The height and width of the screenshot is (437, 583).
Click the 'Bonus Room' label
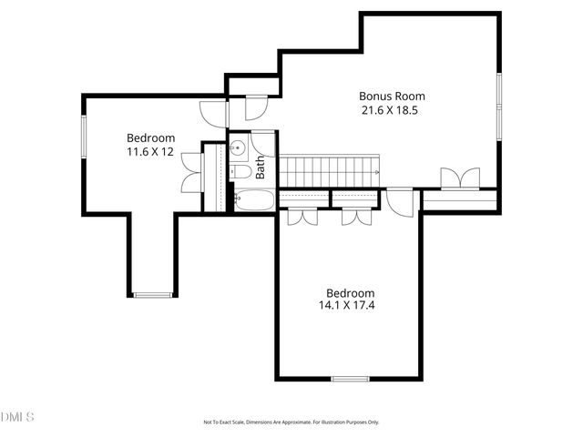point(392,96)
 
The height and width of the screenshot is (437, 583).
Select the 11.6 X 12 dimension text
point(150,152)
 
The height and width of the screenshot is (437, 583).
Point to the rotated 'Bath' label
point(261,167)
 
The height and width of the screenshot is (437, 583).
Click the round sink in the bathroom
point(239,148)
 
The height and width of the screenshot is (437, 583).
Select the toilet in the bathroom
point(239,171)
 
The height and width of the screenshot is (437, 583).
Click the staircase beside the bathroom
point(330,169)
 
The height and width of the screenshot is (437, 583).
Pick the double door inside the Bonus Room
point(458,178)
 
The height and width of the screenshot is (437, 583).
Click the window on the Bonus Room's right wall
point(498,106)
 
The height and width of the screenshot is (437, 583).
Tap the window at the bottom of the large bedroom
point(349,379)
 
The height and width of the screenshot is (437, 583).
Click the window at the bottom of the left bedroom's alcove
point(152,294)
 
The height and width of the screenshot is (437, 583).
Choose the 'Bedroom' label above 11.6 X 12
point(150,137)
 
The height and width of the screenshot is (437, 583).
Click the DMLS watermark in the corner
point(18,417)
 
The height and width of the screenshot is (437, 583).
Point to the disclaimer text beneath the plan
point(291,422)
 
